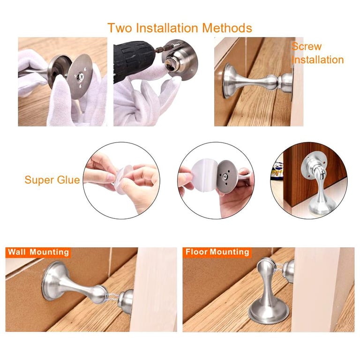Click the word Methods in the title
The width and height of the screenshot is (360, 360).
[x=227, y=28]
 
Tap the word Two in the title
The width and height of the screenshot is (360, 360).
[x=120, y=28]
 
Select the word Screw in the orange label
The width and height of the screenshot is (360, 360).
[x=307, y=46]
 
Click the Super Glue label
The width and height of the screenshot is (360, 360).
[x=52, y=180]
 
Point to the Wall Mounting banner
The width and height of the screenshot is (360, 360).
[x=38, y=252]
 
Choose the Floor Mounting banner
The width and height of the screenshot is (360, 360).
[x=217, y=252]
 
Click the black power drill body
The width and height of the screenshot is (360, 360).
[x=133, y=61]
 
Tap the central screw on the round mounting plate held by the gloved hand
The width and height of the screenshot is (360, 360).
[x=80, y=76]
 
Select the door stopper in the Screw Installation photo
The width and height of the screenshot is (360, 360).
[x=257, y=82]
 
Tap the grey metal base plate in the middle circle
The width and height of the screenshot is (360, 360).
[x=226, y=176]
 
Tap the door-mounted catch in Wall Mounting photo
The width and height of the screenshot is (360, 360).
[x=126, y=301]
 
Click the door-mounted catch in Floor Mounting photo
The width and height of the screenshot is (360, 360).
[x=289, y=271]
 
